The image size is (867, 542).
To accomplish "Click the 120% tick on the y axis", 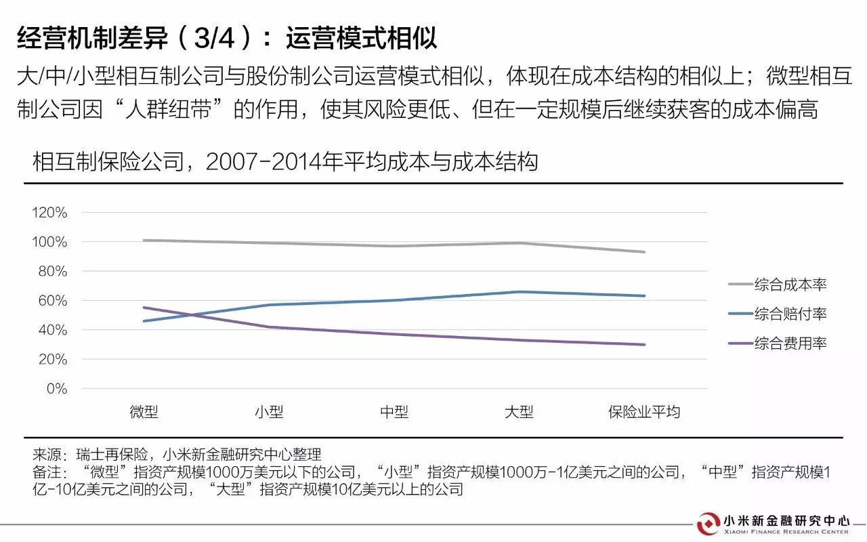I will pyautogui.click(x=49, y=213).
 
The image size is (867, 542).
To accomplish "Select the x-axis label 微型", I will pyautogui.click(x=144, y=412).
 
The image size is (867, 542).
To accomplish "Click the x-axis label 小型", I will pyautogui.click(x=269, y=412).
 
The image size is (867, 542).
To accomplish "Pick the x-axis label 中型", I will pyautogui.click(x=394, y=412).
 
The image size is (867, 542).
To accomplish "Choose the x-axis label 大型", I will pyautogui.click(x=519, y=412).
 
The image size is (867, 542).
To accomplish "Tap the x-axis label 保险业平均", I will pyautogui.click(x=644, y=412).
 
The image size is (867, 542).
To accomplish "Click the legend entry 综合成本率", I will pyautogui.click(x=790, y=285).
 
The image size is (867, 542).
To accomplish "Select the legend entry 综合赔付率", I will pyautogui.click(x=790, y=314).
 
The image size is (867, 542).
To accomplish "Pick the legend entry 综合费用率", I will pyautogui.click(x=790, y=343).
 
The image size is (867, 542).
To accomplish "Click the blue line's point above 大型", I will pyautogui.click(x=519, y=292).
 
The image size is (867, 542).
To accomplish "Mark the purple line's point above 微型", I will pyautogui.click(x=144, y=308).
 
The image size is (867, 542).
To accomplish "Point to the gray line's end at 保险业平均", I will pyautogui.click(x=644, y=252).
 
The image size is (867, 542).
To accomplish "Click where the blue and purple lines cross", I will pyautogui.click(x=192, y=314).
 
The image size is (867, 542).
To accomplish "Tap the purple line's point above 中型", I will pyautogui.click(x=394, y=334).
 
